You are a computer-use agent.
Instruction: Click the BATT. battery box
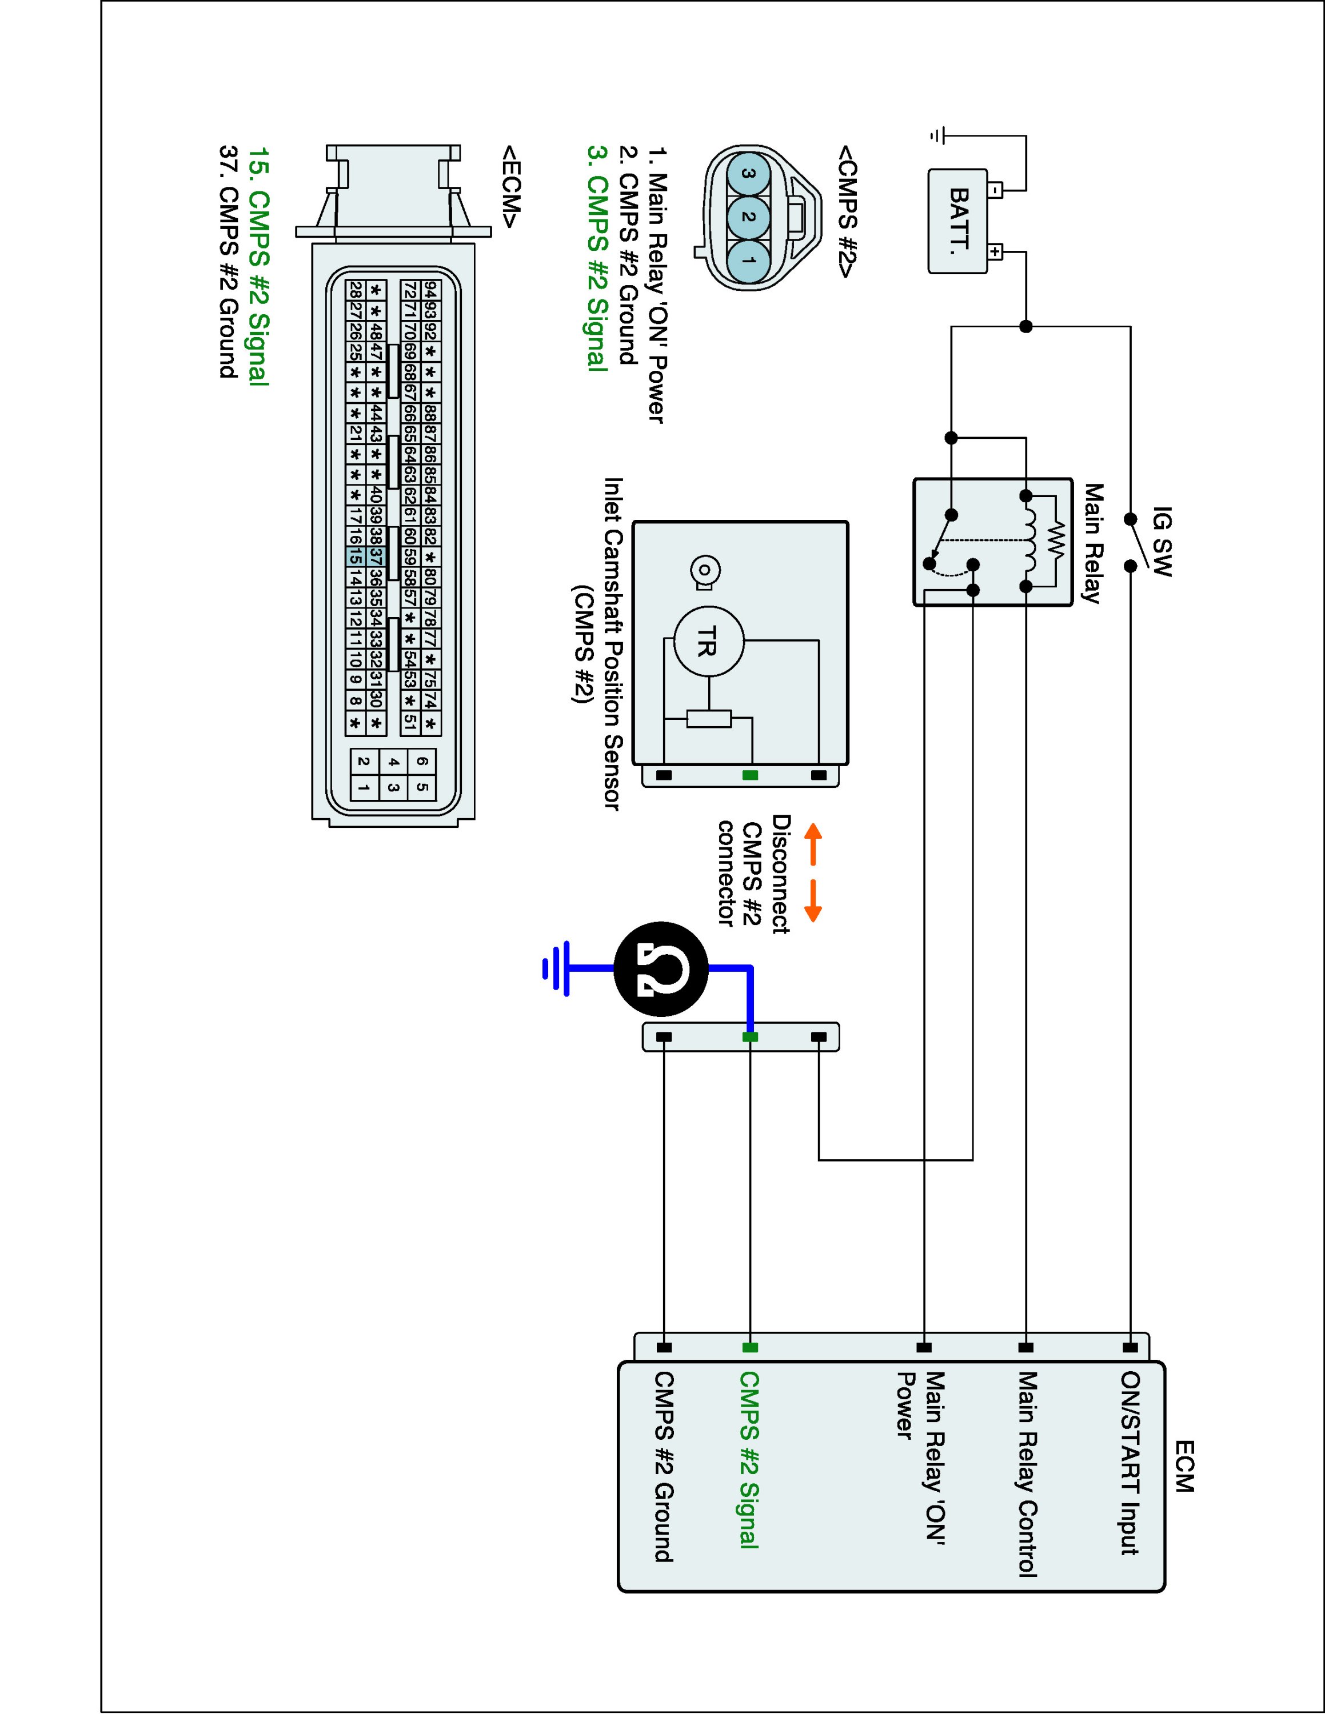coord(957,221)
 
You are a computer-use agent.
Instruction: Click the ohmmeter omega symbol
coord(660,968)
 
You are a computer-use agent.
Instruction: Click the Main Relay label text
coord(1093,543)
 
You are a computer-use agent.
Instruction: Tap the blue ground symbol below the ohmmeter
coord(557,968)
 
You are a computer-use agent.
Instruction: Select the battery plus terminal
coord(995,252)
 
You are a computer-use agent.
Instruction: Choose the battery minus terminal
coord(995,190)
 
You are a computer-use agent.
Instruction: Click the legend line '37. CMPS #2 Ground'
coord(229,261)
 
